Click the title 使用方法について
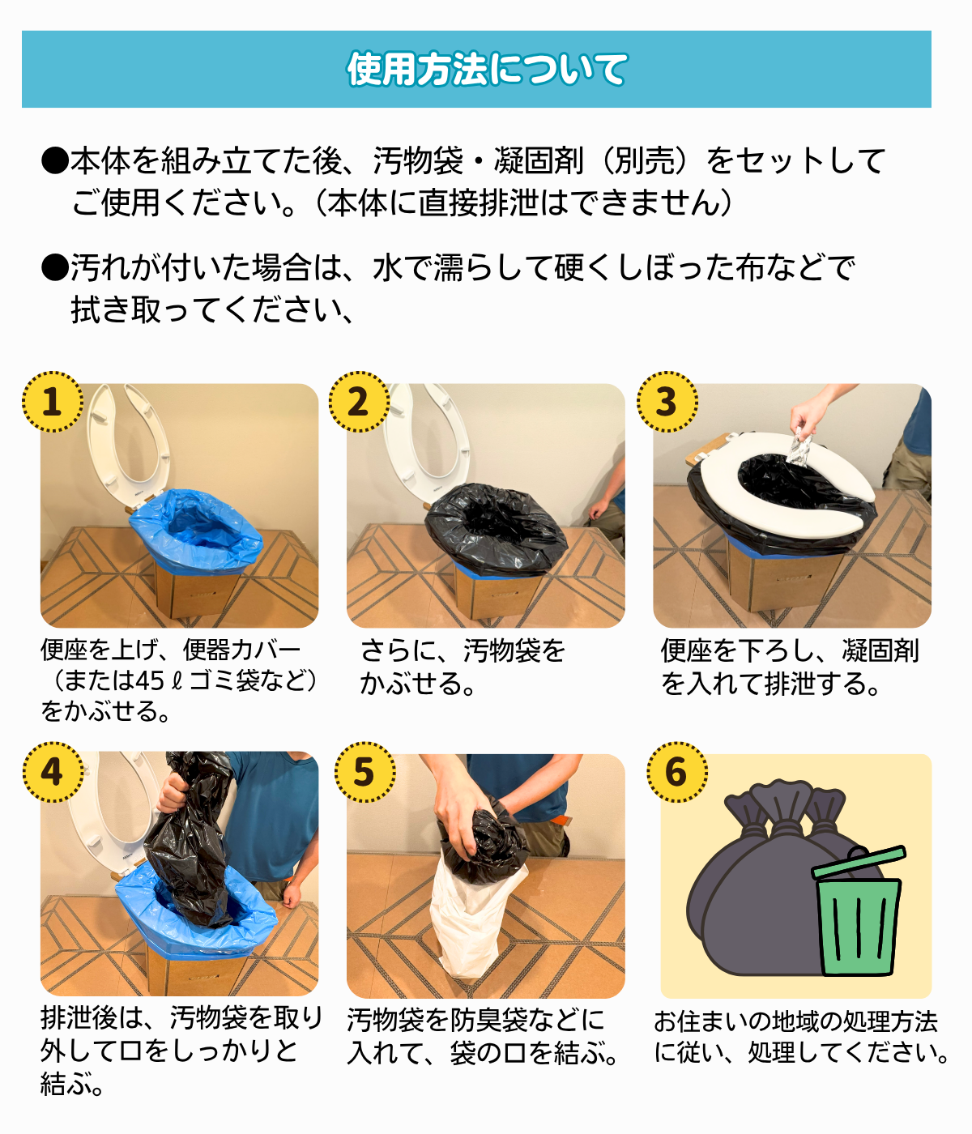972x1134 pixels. (x=487, y=69)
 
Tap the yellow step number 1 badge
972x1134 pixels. (x=53, y=402)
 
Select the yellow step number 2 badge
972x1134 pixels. (x=360, y=402)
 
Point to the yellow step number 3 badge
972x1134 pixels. (x=667, y=402)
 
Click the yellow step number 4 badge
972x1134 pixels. (x=53, y=772)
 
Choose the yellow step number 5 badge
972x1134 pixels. (x=364, y=772)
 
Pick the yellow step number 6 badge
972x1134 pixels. (x=676, y=772)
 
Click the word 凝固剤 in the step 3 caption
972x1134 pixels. (x=880, y=651)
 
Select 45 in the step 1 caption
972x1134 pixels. (x=151, y=681)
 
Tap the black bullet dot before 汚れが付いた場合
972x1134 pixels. (x=55, y=268)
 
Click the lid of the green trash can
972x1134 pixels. (x=859, y=861)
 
